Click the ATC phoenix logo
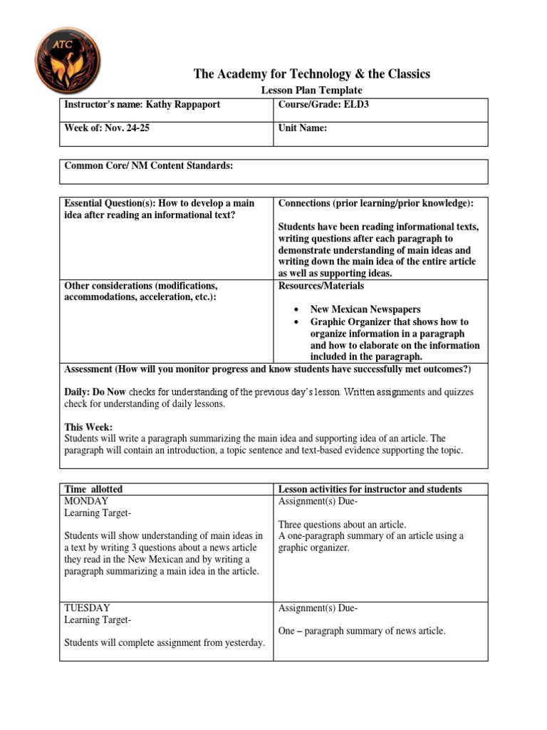(68, 61)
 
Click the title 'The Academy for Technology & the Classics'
(312, 74)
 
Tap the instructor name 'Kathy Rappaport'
(183, 105)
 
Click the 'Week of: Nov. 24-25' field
(107, 128)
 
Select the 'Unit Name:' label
(303, 128)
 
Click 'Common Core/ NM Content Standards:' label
(149, 166)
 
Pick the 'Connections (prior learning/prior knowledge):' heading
(376, 204)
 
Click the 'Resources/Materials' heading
(321, 286)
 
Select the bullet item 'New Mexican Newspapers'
(365, 309)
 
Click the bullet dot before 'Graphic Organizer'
(296, 322)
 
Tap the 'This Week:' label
(84, 427)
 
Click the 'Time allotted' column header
(93, 489)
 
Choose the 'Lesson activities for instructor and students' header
(370, 489)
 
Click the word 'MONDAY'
(87, 501)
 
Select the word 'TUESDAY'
(88, 608)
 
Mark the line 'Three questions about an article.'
(342, 525)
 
